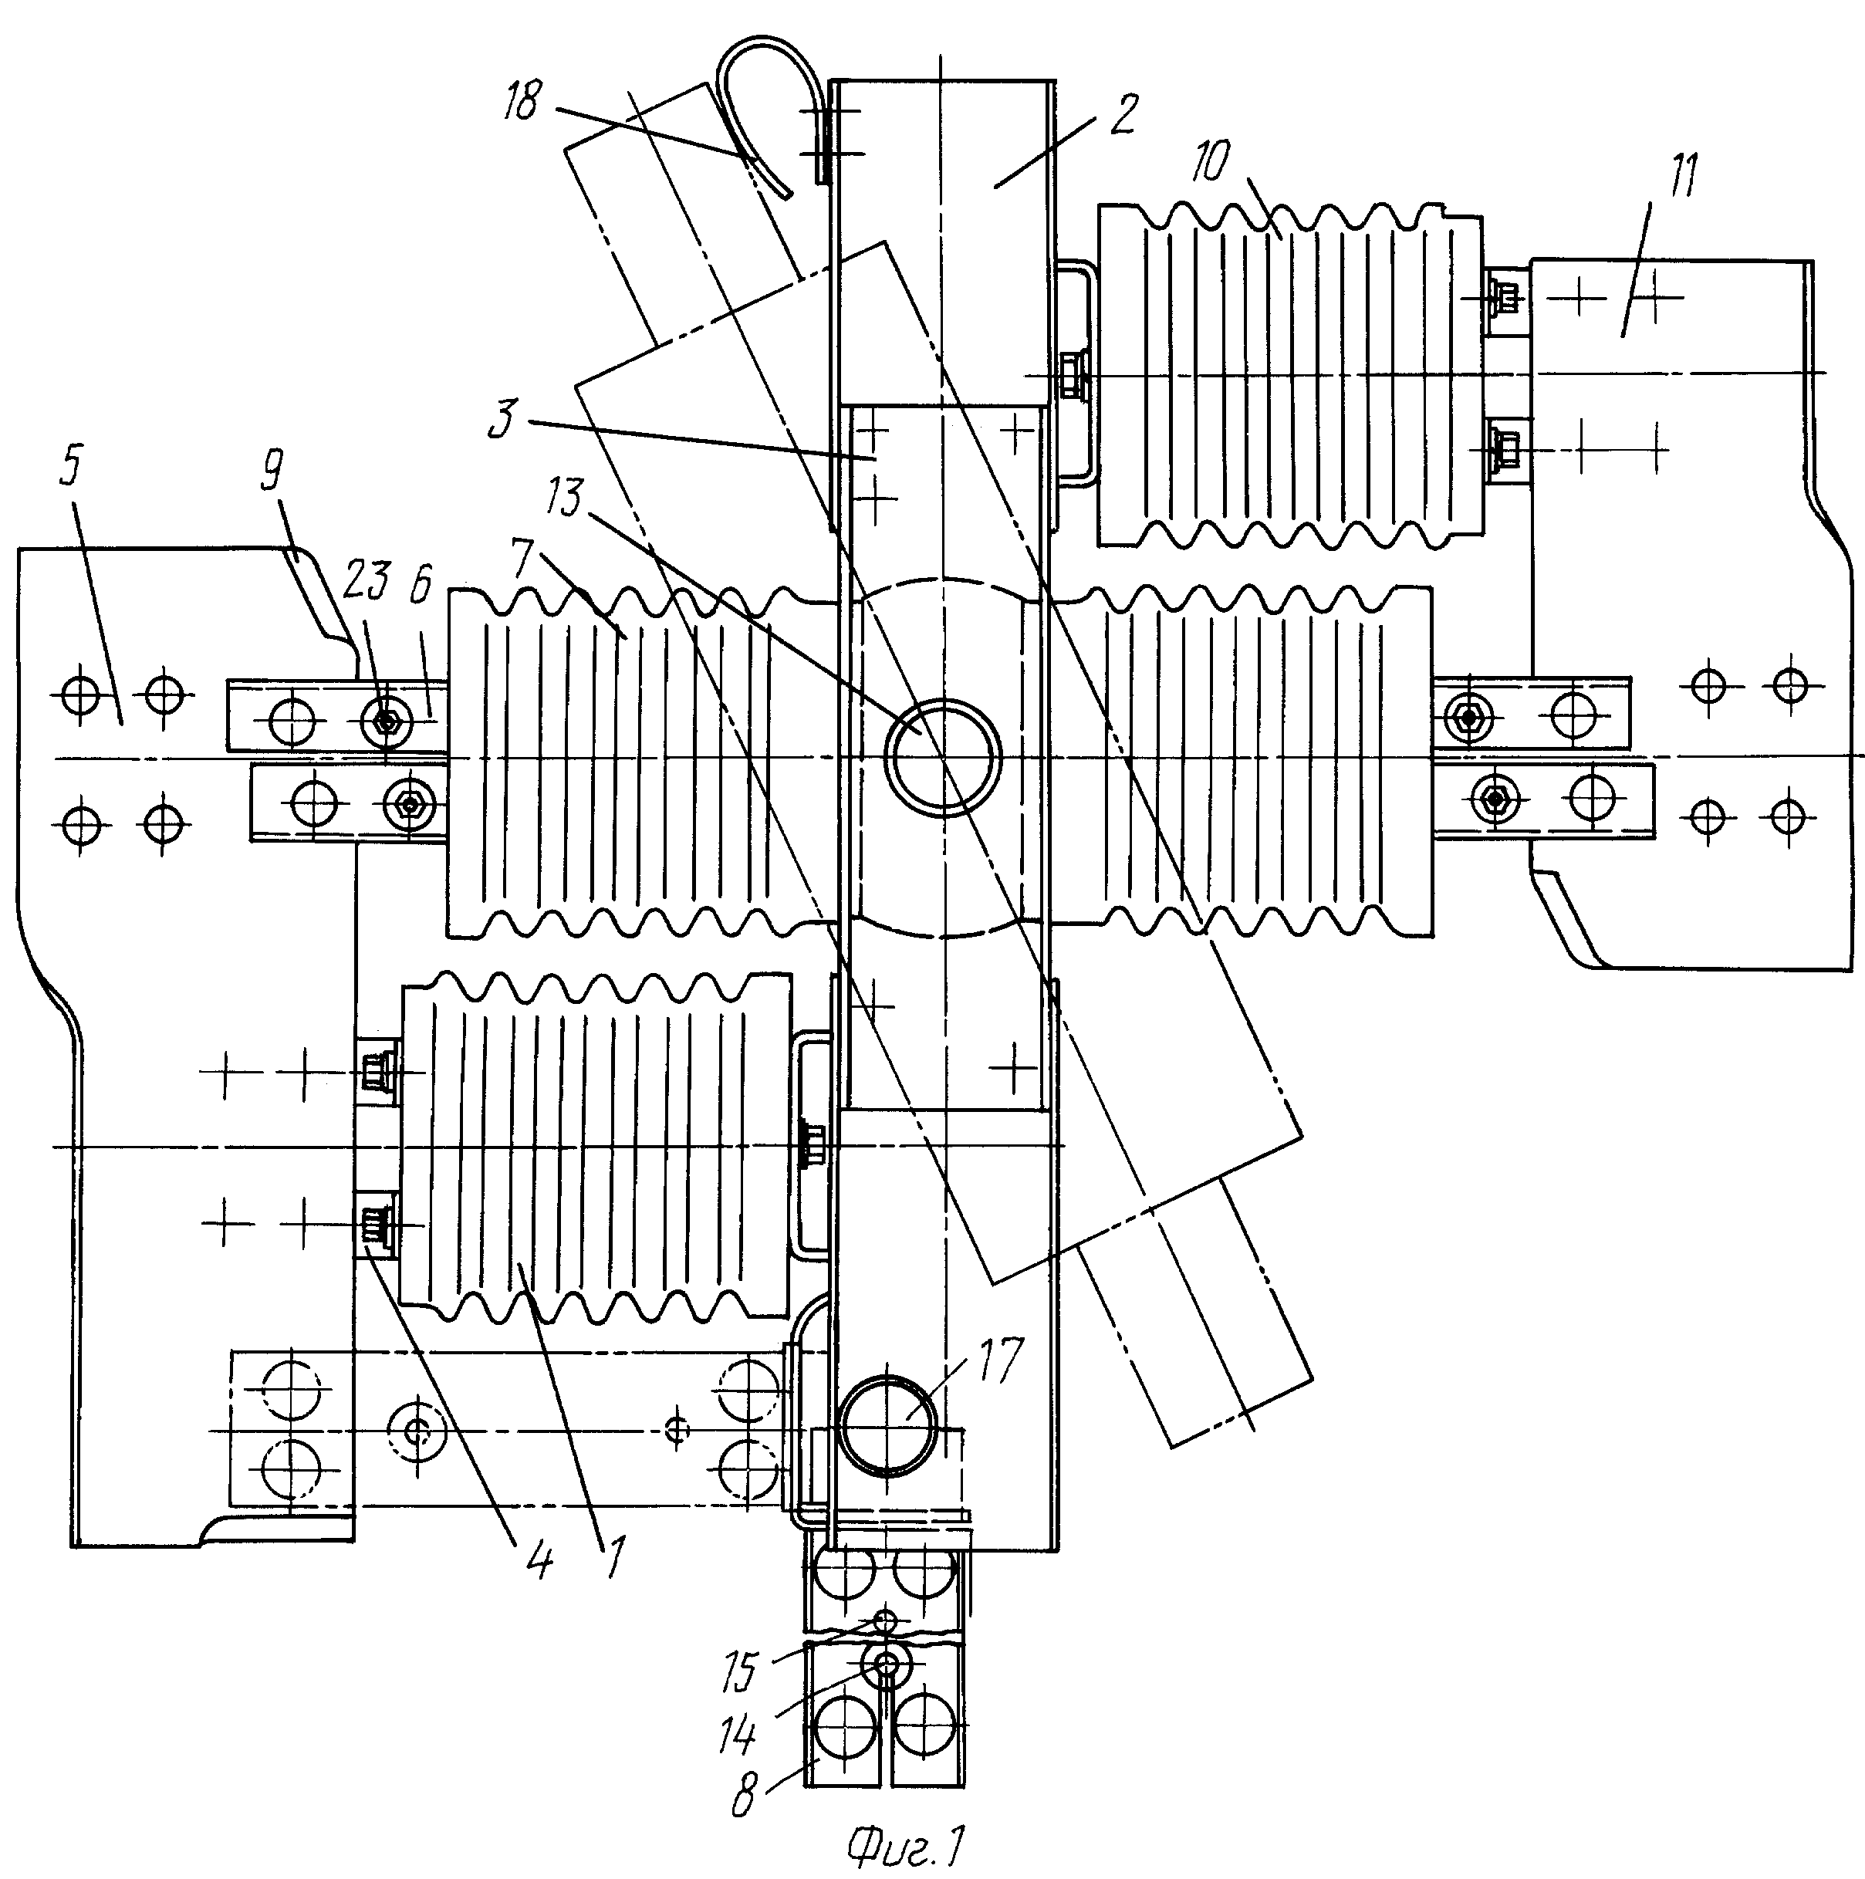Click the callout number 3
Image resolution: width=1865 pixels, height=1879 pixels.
coord(502,422)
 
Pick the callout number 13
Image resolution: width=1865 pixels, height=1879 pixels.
coord(563,498)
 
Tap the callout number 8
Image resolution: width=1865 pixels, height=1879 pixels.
coord(743,1796)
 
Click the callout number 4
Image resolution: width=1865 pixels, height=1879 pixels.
coord(538,1562)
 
